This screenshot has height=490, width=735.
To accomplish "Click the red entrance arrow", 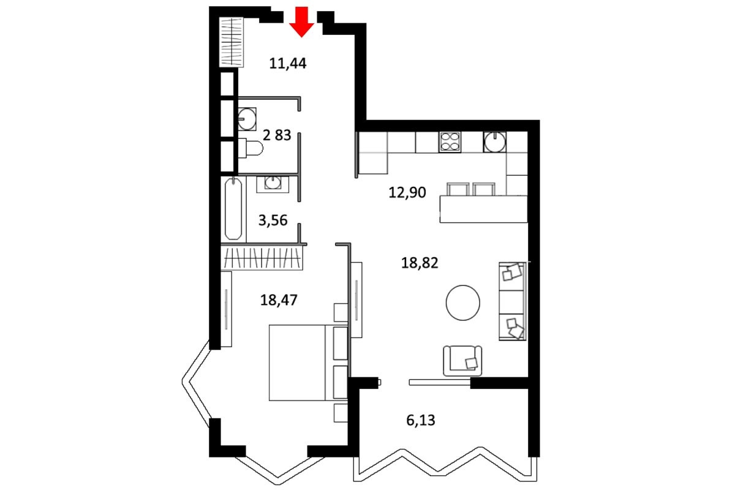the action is [301, 21].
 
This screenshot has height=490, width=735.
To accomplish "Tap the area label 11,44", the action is [288, 63].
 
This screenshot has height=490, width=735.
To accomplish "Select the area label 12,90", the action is [407, 192].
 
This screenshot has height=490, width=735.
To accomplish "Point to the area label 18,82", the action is [420, 263].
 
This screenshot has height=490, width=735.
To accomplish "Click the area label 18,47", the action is [279, 300].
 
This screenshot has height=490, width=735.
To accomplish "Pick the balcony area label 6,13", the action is [421, 420].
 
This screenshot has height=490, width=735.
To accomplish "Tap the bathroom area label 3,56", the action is [273, 221].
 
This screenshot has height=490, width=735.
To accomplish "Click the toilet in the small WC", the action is [251, 148].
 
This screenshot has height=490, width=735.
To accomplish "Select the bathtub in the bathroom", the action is [233, 208].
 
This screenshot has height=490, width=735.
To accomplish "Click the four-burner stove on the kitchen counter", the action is [450, 141].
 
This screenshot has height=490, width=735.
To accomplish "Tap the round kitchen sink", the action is [494, 141].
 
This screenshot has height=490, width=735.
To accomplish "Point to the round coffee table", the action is [463, 303].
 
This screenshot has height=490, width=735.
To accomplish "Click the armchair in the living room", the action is [462, 361].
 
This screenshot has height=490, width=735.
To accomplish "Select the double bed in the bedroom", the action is [308, 363].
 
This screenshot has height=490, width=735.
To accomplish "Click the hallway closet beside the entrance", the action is [232, 42].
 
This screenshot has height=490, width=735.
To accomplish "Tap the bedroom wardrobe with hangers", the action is [262, 258].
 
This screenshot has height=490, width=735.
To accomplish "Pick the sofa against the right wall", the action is [513, 301].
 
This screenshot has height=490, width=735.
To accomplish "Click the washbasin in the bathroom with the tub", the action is [273, 183].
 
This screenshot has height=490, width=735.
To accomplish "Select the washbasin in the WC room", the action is [247, 119].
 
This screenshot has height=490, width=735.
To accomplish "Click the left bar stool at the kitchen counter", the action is [458, 189].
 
